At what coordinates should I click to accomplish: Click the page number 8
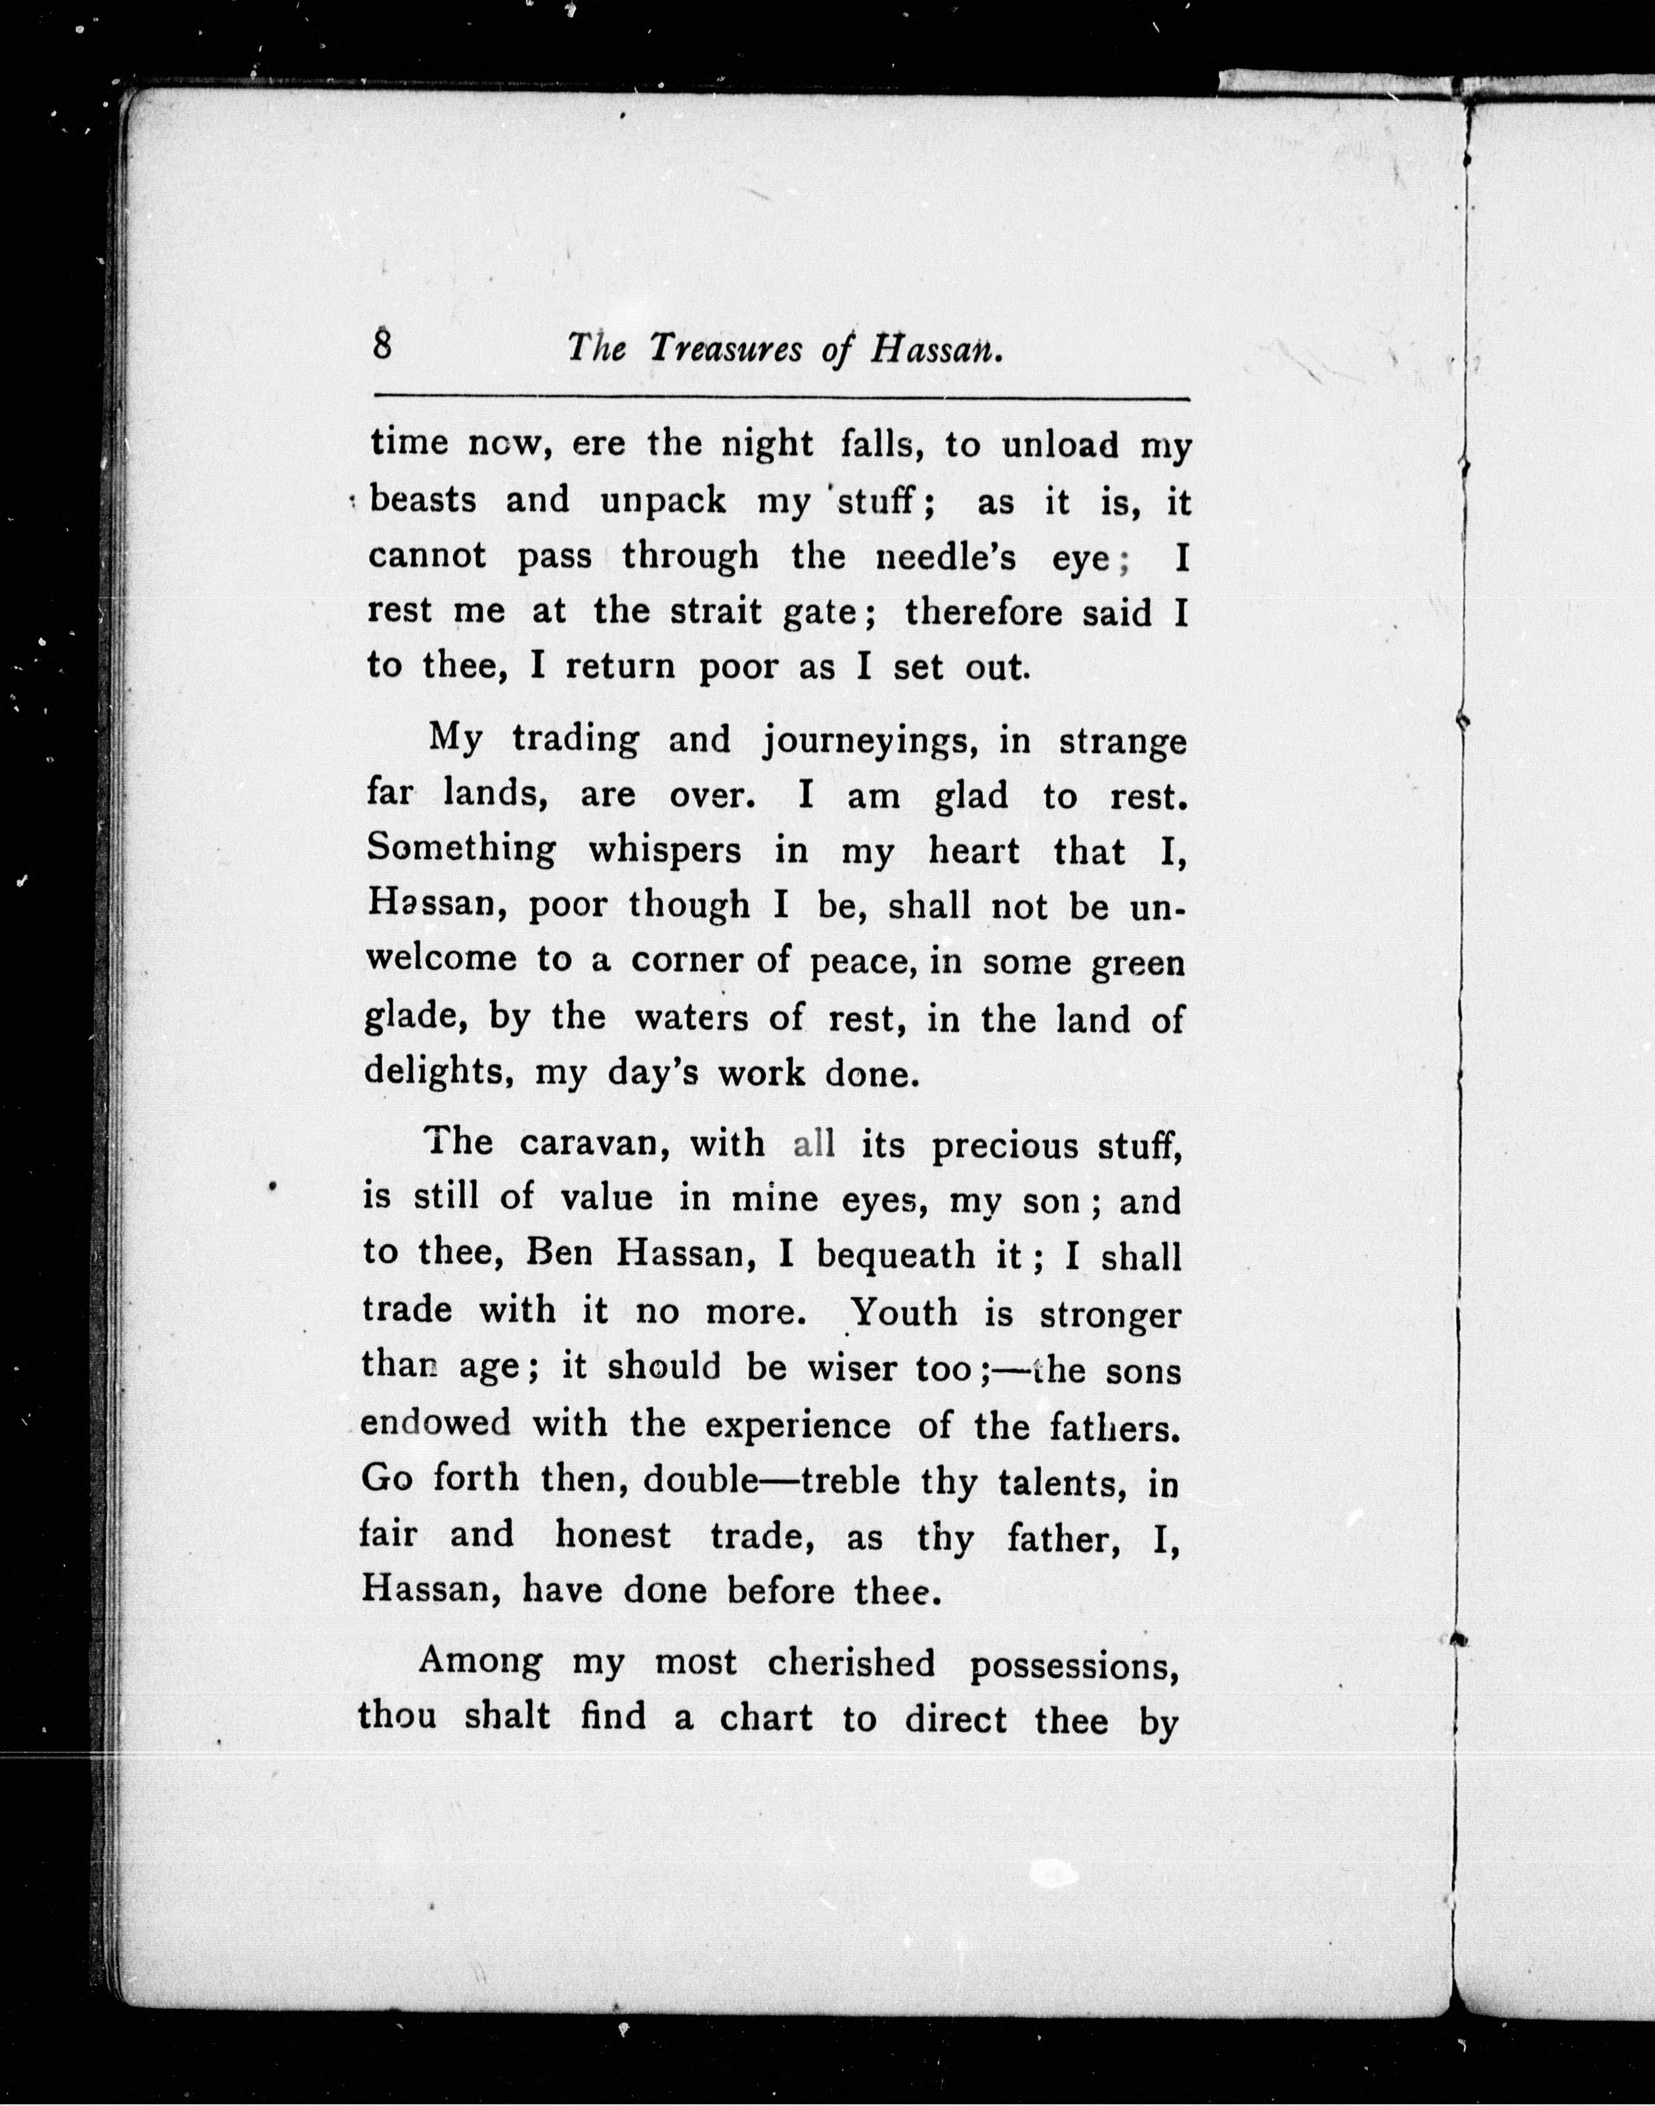[x=383, y=345]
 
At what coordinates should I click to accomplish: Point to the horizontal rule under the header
[x=781, y=398]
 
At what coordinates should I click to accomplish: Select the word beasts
[x=424, y=500]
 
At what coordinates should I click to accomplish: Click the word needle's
[x=946, y=556]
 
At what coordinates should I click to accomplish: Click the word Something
[x=461, y=849]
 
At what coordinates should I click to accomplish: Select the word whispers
[x=665, y=851]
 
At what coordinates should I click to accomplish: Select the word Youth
[x=904, y=1312]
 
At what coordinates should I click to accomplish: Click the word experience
[x=797, y=1425]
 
